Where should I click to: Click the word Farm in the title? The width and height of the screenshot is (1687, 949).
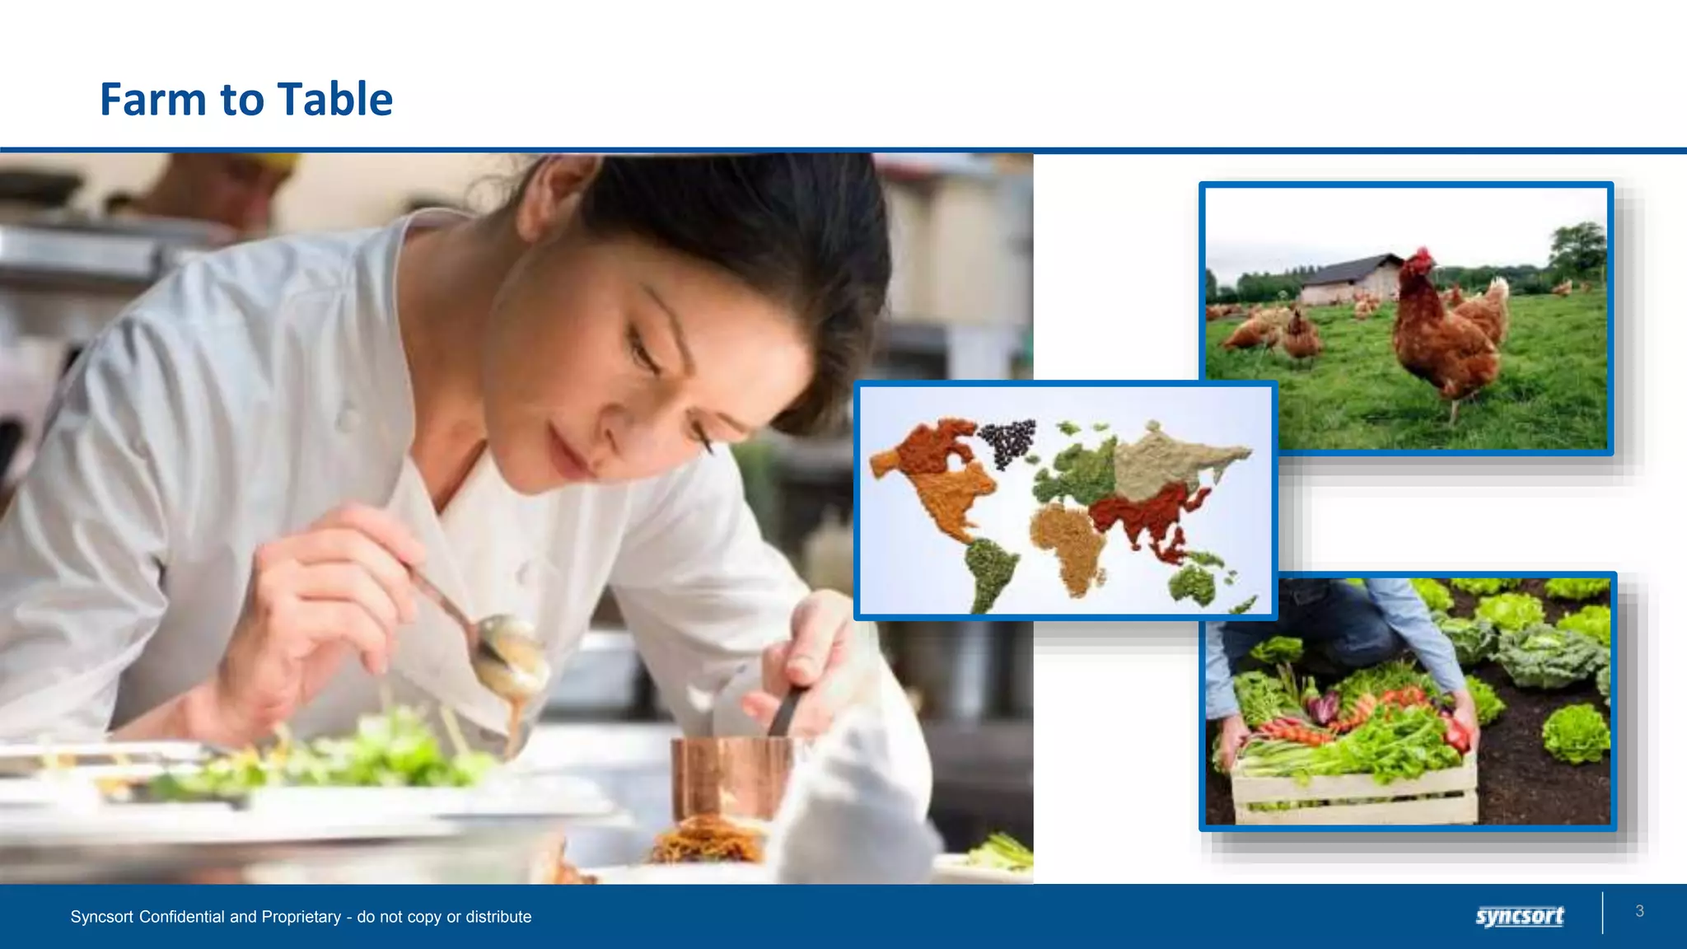click(153, 100)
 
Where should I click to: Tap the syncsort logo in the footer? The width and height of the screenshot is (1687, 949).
click(1519, 916)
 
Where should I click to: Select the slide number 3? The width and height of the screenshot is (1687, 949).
click(1639, 911)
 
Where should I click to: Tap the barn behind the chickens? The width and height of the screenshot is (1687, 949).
click(1351, 278)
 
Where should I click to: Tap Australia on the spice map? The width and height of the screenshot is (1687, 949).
click(1193, 585)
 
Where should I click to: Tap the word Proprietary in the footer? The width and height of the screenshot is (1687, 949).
click(301, 917)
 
